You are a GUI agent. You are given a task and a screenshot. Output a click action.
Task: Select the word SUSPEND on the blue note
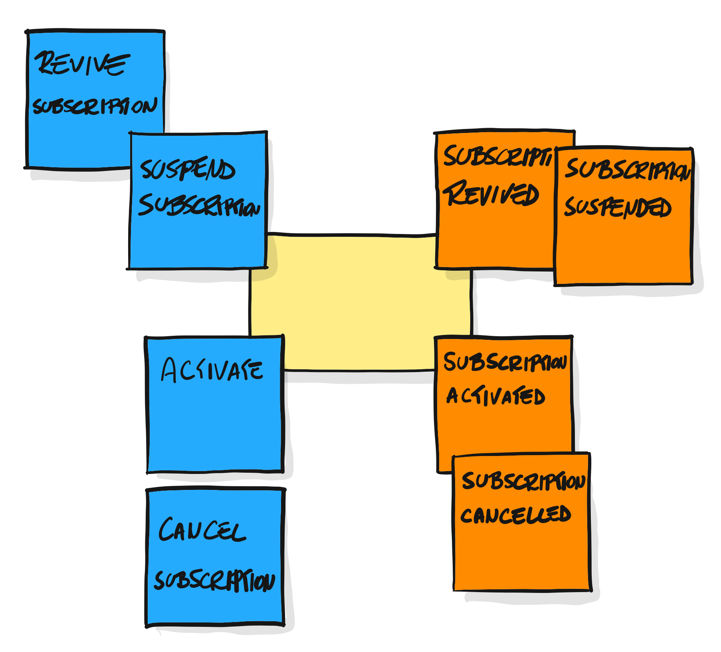click(187, 169)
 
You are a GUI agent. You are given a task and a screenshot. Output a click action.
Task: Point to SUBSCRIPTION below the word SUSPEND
click(199, 205)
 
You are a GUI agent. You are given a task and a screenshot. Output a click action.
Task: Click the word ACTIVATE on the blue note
click(212, 370)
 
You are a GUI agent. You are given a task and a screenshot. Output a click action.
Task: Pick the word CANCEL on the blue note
click(202, 529)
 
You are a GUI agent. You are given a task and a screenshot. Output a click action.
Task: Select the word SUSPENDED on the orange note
click(618, 207)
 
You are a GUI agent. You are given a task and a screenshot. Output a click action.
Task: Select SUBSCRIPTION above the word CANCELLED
click(523, 481)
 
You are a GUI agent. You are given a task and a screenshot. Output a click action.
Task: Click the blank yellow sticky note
click(359, 303)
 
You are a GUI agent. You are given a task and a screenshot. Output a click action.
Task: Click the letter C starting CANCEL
click(167, 529)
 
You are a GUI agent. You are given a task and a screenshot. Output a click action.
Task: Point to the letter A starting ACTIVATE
click(169, 370)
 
